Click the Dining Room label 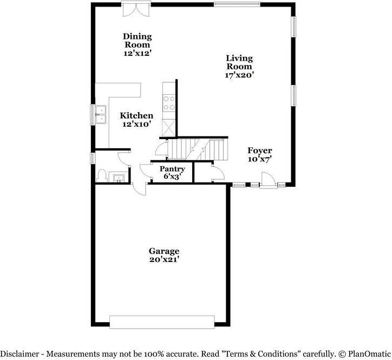(x=138, y=41)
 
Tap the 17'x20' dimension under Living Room (x=239, y=75)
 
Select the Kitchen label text (x=136, y=115)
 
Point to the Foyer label (x=260, y=150)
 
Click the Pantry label (x=172, y=169)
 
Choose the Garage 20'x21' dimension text (x=165, y=260)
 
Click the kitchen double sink (x=101, y=114)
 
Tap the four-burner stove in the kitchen (x=169, y=103)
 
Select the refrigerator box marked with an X (x=169, y=127)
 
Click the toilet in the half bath (x=101, y=176)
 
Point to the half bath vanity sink (x=119, y=177)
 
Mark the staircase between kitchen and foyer (x=195, y=147)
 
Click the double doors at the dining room (x=134, y=9)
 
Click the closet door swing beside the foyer (x=217, y=174)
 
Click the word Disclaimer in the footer (x=22, y=354)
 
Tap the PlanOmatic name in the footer (x=367, y=354)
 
